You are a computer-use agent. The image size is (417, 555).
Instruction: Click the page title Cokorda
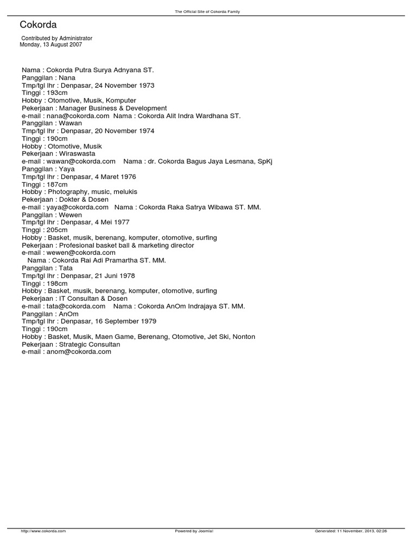click(x=38, y=25)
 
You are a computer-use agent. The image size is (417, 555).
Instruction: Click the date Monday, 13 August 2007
click(x=51, y=45)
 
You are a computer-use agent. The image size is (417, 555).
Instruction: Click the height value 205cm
click(x=57, y=230)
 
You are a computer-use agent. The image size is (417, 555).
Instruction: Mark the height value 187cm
click(x=57, y=184)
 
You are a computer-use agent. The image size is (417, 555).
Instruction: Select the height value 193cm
click(x=57, y=93)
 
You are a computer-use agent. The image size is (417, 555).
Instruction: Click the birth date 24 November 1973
click(x=124, y=86)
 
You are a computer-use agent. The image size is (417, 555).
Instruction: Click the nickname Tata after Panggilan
click(x=65, y=268)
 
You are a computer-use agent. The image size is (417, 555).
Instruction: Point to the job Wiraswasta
click(x=79, y=154)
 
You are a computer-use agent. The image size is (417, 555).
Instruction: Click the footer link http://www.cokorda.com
click(x=43, y=531)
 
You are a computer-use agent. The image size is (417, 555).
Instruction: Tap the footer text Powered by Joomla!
click(x=194, y=531)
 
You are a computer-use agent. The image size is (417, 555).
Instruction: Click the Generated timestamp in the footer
click(x=351, y=531)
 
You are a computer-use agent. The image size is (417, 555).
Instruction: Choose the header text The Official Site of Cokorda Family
click(x=208, y=11)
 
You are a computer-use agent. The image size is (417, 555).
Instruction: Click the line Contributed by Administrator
click(x=56, y=38)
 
